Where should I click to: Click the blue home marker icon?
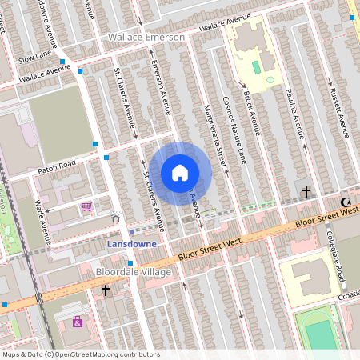(180, 173)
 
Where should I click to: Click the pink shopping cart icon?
(86, 206)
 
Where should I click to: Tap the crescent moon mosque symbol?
(346, 202)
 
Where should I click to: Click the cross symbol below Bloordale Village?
(105, 291)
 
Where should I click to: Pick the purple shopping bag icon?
(78, 322)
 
